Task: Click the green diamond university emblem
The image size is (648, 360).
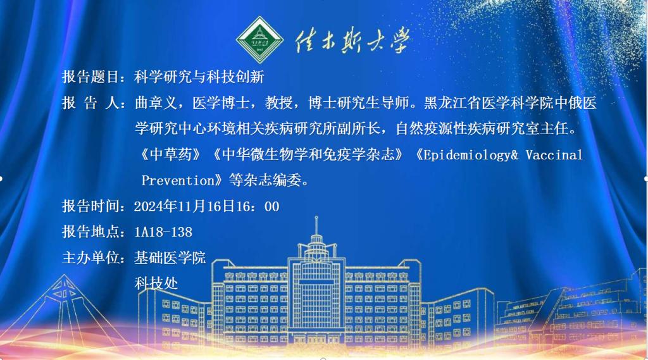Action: [x=259, y=40]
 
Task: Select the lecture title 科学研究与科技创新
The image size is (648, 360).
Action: [x=199, y=77]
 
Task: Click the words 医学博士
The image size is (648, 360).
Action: [x=221, y=103]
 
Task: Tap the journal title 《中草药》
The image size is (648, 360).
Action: [x=170, y=154]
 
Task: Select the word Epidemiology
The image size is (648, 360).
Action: [x=467, y=155]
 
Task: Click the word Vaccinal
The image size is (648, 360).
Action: [x=554, y=154]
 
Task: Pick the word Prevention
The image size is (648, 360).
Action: [x=178, y=180]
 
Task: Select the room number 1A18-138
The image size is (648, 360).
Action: [x=163, y=232]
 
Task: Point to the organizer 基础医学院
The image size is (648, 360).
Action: [x=170, y=258]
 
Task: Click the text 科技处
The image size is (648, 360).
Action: [x=156, y=283]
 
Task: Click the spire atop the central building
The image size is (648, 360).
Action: [x=316, y=225]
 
